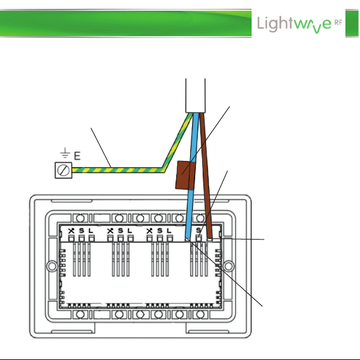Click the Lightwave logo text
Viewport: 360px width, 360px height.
[294, 24]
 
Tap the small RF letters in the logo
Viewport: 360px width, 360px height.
[338, 23]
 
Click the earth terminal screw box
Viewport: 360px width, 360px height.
[63, 170]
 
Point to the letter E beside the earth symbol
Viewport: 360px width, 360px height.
[77, 156]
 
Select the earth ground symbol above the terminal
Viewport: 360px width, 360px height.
[65, 153]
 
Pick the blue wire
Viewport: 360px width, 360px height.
[191, 174]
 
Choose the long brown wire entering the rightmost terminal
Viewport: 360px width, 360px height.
[205, 174]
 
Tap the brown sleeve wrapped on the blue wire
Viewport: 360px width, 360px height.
[186, 175]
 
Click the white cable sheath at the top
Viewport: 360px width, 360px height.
[195, 95]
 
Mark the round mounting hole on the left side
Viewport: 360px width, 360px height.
[52, 266]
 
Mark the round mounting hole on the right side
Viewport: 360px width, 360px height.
[228, 266]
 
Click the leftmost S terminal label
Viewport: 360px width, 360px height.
[82, 231]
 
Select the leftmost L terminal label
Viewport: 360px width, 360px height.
[91, 231]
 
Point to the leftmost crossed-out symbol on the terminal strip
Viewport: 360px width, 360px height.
[72, 231]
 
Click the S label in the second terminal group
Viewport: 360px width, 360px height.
[120, 231]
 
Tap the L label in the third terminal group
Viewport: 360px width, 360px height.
[169, 231]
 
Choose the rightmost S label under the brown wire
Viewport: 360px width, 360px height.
[199, 230]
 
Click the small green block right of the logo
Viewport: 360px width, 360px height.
[352, 23]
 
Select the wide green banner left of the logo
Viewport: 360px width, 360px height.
[125, 23]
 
